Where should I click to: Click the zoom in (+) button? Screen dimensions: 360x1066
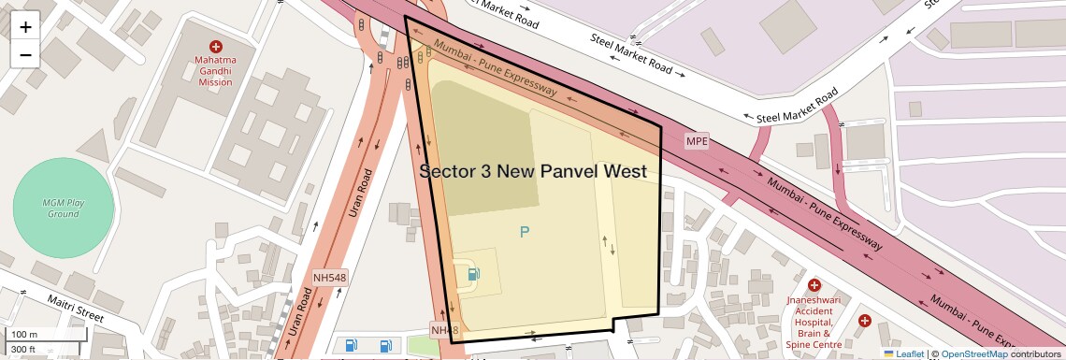point(25,27)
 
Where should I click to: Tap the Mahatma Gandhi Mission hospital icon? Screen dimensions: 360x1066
point(216,47)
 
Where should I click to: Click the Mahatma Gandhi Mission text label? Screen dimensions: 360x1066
point(215,70)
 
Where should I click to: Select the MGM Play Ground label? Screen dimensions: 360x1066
point(64,208)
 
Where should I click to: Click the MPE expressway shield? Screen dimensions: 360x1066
point(697,141)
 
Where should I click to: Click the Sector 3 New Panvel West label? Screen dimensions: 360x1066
point(533,171)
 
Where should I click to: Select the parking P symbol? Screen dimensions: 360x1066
point(525,231)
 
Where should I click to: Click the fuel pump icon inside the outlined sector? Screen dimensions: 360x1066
point(474,274)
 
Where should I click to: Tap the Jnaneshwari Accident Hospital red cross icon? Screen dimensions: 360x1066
point(814,285)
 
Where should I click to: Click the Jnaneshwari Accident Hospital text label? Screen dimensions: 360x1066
point(814,315)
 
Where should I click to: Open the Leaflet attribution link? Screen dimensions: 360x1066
point(903,353)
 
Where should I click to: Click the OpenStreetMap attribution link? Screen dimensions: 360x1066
point(975,353)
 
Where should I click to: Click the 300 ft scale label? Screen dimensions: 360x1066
point(23,350)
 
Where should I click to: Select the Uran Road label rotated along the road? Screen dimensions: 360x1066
point(361,194)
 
